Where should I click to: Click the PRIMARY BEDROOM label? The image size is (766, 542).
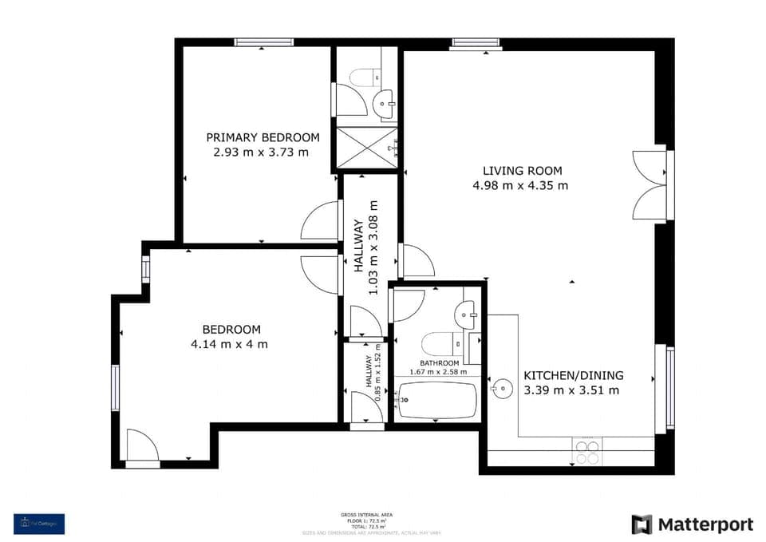click(263, 137)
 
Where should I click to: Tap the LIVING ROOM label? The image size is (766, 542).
click(522, 171)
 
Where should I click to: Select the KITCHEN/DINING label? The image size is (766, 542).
click(573, 376)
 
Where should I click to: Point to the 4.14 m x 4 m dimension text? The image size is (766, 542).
click(229, 344)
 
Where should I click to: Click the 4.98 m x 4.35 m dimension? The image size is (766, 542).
click(521, 186)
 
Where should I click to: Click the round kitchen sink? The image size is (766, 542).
click(502, 390)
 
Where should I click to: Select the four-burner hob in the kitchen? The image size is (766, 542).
click(587, 452)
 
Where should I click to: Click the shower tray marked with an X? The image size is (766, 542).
click(364, 147)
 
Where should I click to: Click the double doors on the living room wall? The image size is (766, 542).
click(650, 184)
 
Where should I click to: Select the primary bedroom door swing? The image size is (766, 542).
click(320, 222)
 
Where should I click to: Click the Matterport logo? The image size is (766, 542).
click(692, 524)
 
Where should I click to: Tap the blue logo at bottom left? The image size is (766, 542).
click(39, 524)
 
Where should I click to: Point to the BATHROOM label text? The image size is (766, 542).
click(440, 363)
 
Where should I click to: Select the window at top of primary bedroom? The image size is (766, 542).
click(263, 42)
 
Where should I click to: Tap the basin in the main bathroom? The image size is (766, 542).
click(468, 314)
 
